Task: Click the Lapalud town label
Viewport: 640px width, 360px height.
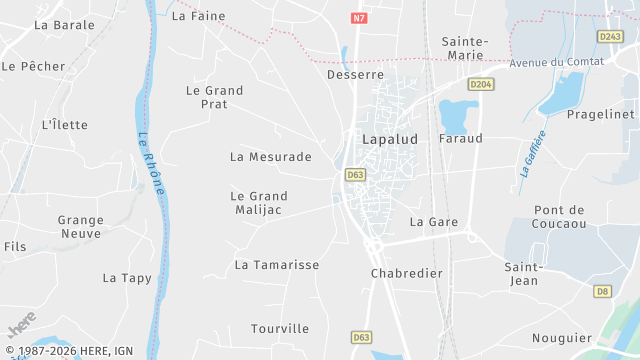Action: [389, 140]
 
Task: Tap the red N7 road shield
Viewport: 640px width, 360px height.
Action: [360, 18]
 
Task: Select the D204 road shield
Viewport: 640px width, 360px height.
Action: [481, 85]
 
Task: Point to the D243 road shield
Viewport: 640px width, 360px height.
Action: [610, 36]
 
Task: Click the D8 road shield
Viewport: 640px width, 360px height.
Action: [602, 291]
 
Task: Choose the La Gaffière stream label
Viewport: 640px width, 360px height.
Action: [532, 153]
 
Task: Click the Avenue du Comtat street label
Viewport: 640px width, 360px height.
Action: [557, 62]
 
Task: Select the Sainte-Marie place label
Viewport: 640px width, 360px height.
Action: [465, 48]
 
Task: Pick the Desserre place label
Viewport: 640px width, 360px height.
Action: [355, 75]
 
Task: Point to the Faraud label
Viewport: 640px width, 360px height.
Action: [460, 138]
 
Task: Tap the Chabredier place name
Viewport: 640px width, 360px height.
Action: [406, 273]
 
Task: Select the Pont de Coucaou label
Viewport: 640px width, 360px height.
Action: [559, 216]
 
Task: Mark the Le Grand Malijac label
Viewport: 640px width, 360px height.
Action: [258, 203]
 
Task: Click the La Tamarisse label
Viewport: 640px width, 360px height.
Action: [277, 265]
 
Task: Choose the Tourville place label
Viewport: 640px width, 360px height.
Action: [280, 328]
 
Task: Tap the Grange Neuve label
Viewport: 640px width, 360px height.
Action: [80, 226]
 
